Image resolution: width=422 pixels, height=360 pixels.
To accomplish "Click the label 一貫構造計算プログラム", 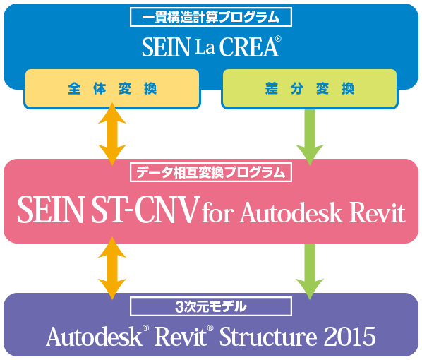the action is click(x=211, y=17).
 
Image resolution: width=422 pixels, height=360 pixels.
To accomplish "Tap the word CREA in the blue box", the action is click(x=248, y=47).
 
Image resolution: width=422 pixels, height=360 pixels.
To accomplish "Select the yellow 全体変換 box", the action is click(x=112, y=88).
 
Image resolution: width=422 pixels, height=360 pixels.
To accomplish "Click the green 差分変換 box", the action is click(x=310, y=88).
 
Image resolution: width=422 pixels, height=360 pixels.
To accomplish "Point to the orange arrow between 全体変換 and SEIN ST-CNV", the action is click(x=112, y=134).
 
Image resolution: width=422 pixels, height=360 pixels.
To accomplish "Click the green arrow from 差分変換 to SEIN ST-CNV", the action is click(x=310, y=137).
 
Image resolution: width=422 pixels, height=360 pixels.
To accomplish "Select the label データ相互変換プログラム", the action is click(x=211, y=172).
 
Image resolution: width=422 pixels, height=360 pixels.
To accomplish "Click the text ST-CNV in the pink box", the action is click(x=145, y=210).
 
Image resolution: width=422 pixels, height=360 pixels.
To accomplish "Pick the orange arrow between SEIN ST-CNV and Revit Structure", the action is click(x=112, y=268).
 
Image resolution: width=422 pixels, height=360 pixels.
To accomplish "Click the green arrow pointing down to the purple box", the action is click(x=310, y=272).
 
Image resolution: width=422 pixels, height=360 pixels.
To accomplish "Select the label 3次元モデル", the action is click(x=211, y=306).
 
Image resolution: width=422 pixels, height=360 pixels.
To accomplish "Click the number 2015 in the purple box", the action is click(x=349, y=336).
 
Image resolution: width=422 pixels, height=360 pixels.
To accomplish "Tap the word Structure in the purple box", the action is click(x=268, y=336).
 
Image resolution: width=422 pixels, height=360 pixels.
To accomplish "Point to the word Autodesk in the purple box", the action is click(x=94, y=336).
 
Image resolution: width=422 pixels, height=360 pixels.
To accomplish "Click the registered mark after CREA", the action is click(x=278, y=39).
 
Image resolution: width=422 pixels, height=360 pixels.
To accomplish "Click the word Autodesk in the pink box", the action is click(x=291, y=212).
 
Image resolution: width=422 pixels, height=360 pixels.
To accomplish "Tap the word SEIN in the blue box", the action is click(x=166, y=47).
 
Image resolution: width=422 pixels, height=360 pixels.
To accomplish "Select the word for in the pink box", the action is click(x=217, y=212).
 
